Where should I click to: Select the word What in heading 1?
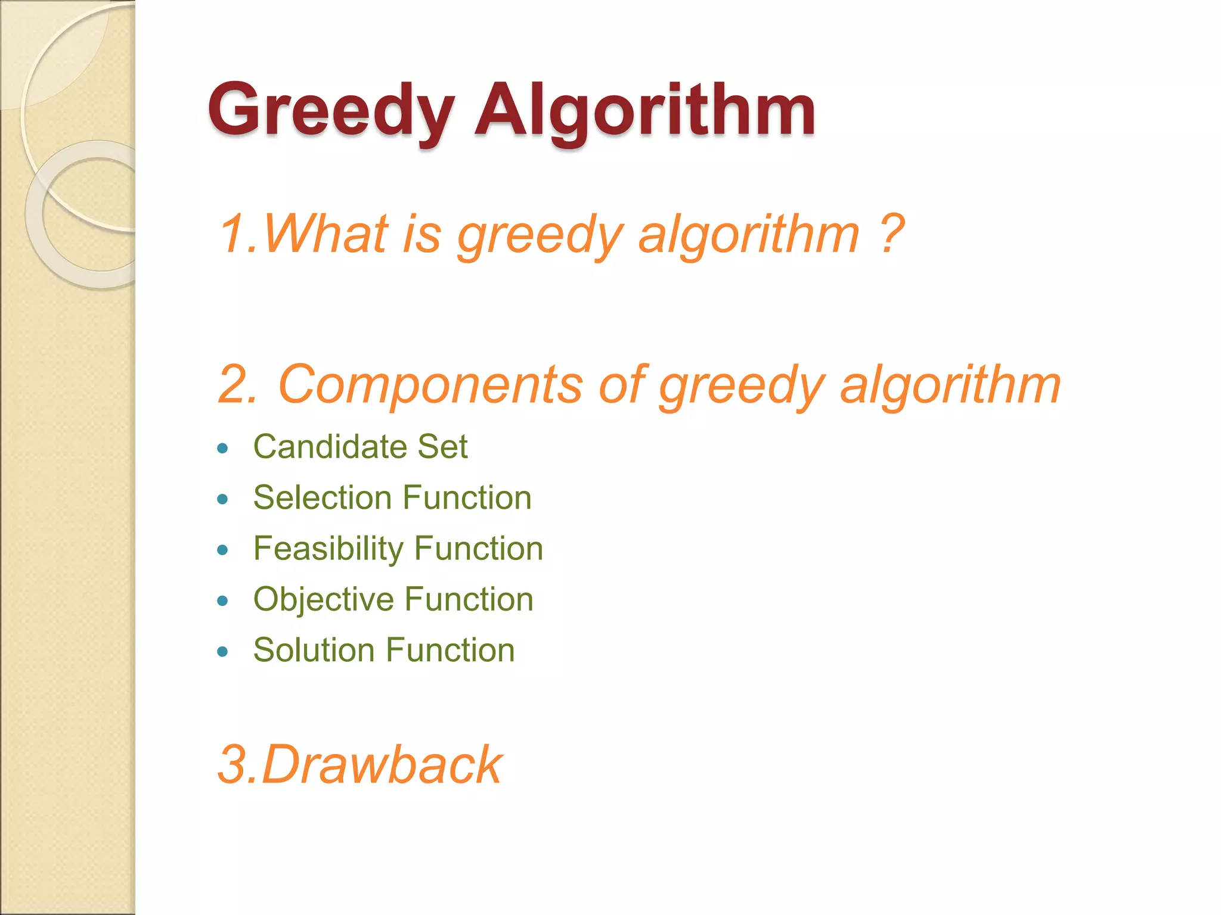click(x=326, y=234)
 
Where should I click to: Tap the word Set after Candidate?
click(x=442, y=446)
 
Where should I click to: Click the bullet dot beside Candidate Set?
click(x=223, y=448)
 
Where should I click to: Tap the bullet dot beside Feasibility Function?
click(x=223, y=550)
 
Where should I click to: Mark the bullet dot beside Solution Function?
click(x=223, y=652)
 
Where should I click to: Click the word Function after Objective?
click(x=469, y=599)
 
